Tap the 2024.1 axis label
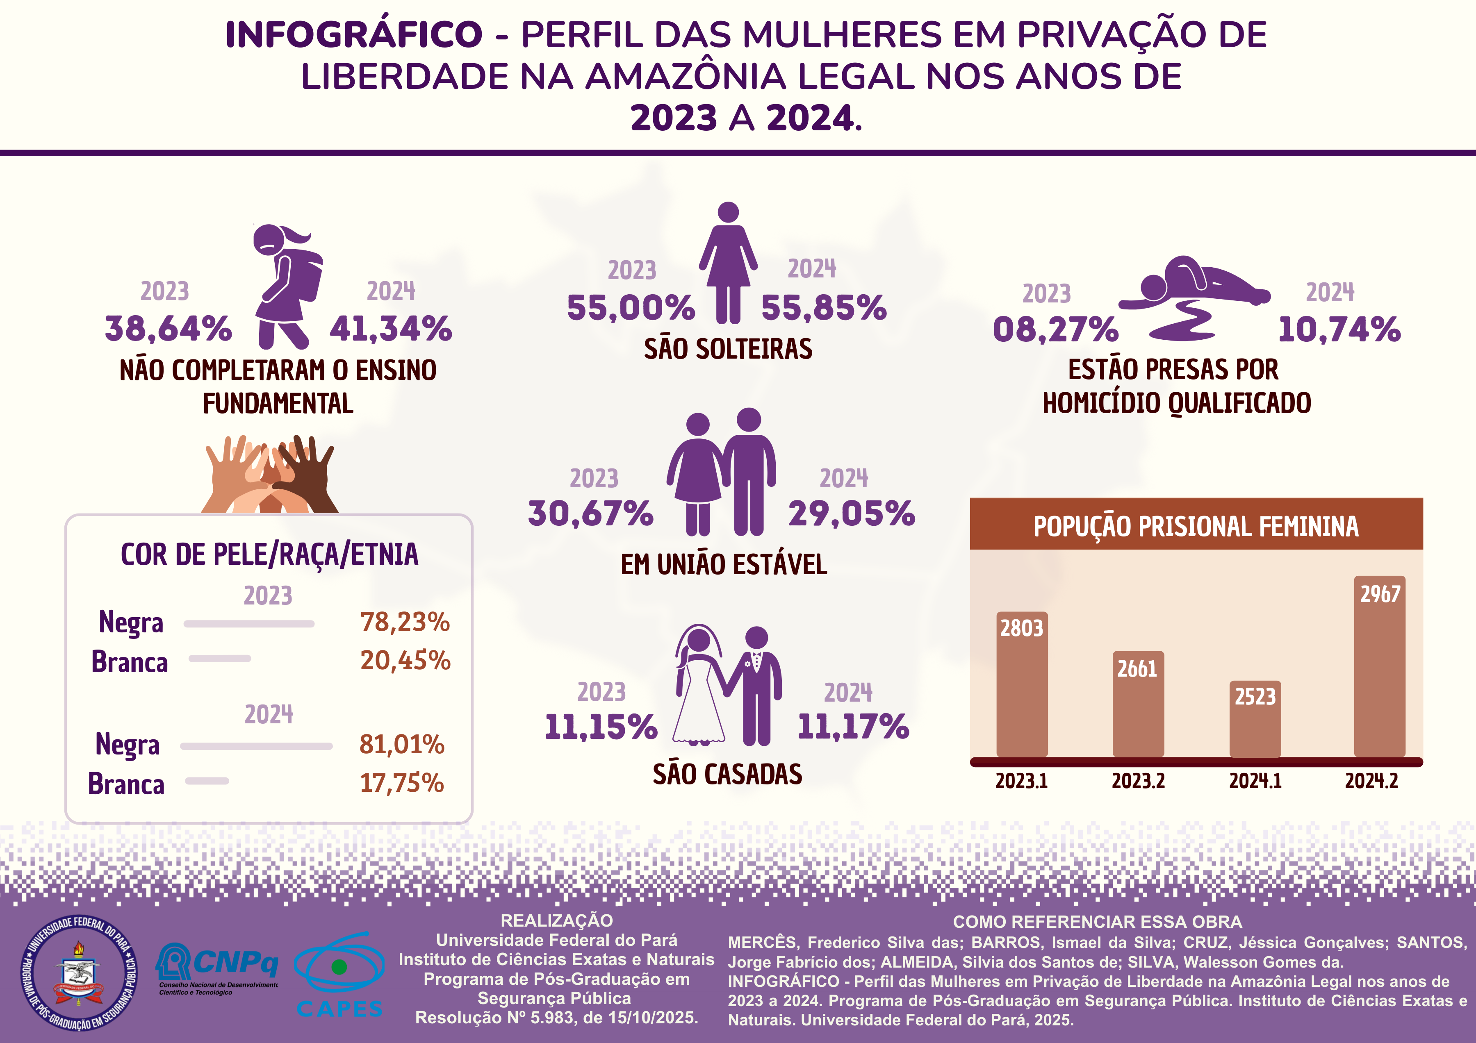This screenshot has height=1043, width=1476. pyautogui.click(x=1255, y=782)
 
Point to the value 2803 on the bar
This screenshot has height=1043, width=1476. pyautogui.click(x=1021, y=628)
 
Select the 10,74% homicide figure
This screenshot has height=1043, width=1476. pyautogui.click(x=1339, y=329)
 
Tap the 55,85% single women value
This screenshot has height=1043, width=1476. pyautogui.click(x=824, y=308)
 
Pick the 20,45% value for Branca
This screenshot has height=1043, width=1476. pyautogui.click(x=405, y=661)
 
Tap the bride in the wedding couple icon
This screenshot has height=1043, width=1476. pyautogui.click(x=699, y=688)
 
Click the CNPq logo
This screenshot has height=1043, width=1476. pyautogui.click(x=217, y=967)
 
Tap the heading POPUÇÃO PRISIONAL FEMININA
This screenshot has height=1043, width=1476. pyautogui.click(x=1196, y=526)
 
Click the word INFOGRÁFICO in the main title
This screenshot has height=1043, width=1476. pyautogui.click(x=353, y=35)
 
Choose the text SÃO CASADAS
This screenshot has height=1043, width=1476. pyautogui.click(x=727, y=775)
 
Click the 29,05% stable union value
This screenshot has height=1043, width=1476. pyautogui.click(x=851, y=514)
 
